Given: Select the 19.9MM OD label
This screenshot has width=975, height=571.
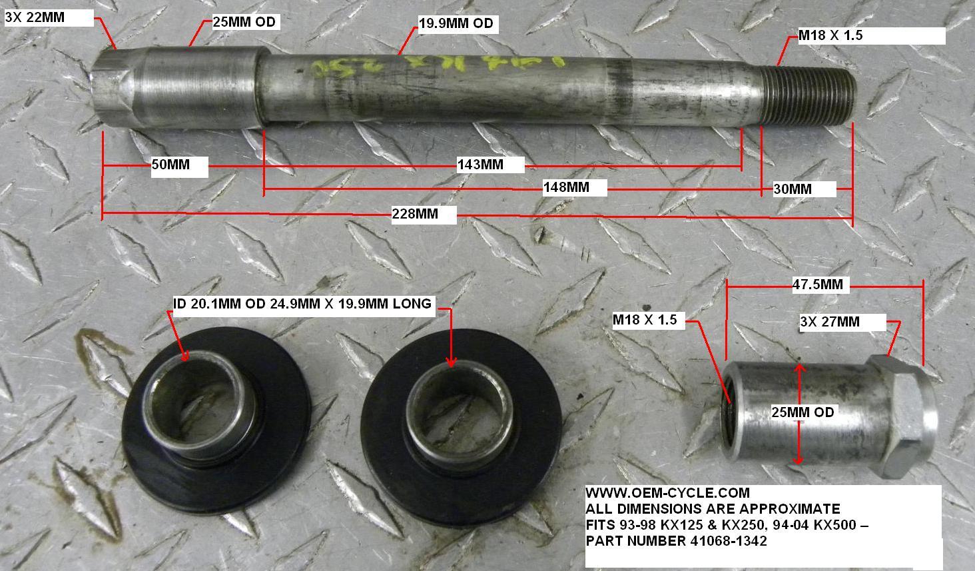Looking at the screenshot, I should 456,24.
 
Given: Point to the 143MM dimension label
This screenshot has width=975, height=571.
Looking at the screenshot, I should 480,165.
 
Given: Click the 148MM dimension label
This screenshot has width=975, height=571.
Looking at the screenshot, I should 565,187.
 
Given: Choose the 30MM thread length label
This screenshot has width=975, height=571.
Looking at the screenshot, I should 793,189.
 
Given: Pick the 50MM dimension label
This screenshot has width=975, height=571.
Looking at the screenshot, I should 170,165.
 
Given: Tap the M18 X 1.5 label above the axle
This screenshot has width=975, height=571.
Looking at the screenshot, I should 830,35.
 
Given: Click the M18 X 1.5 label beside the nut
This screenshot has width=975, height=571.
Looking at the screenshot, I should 645,320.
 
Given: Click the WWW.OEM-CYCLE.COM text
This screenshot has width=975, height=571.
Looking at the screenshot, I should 667,493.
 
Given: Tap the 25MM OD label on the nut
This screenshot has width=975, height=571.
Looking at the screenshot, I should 803,412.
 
